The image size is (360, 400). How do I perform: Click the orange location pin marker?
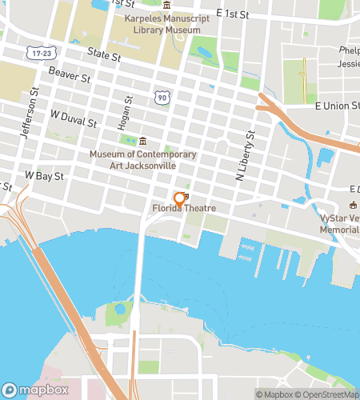click(178, 198)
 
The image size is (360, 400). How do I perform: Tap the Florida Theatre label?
click(185, 209)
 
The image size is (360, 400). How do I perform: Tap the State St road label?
click(104, 58)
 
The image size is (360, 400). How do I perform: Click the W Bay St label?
click(44, 174)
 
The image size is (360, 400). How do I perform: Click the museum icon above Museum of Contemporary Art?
click(142, 142)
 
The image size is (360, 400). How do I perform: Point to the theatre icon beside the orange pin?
click(186, 196)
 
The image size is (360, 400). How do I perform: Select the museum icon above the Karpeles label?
click(166, 6)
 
